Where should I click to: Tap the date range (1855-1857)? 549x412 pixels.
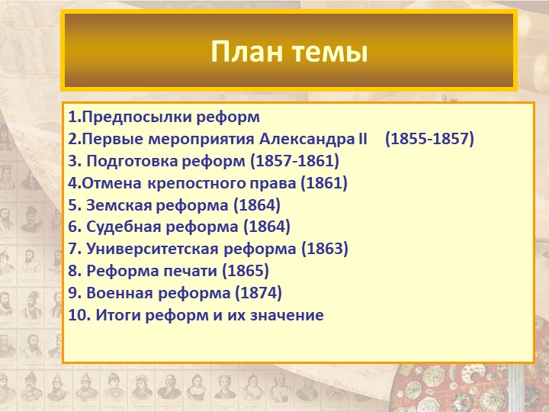pyautogui.click(x=429, y=139)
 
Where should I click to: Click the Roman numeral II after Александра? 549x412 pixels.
pyautogui.click(x=363, y=139)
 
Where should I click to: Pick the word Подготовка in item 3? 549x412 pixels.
pyautogui.click(x=133, y=162)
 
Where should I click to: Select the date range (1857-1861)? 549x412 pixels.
pyautogui.click(x=295, y=161)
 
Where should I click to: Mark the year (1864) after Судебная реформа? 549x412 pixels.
pyautogui.click(x=267, y=227)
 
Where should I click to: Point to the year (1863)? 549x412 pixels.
pyautogui.click(x=325, y=249)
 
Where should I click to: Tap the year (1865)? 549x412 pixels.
pyautogui.click(x=246, y=271)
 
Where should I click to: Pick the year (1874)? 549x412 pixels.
pyautogui.click(x=258, y=293)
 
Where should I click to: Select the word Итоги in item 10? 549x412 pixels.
pyautogui.click(x=118, y=315)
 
